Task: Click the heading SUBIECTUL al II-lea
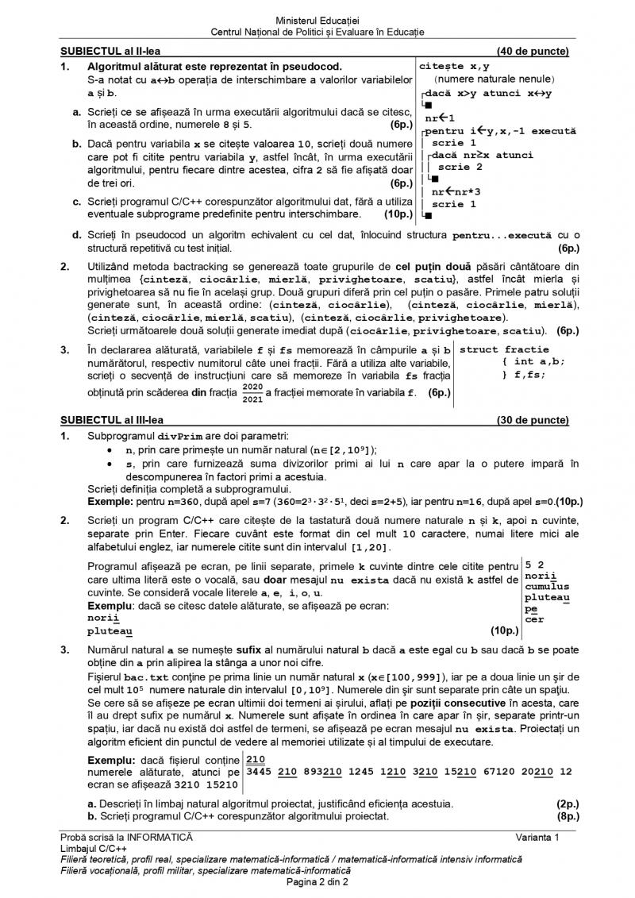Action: [110, 52]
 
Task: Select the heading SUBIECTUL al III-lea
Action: [112, 421]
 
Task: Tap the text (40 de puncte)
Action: [533, 52]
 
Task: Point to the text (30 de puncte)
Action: [533, 421]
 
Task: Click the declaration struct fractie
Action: [504, 349]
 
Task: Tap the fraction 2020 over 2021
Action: [252, 392]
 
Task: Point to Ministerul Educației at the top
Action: [317, 18]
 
